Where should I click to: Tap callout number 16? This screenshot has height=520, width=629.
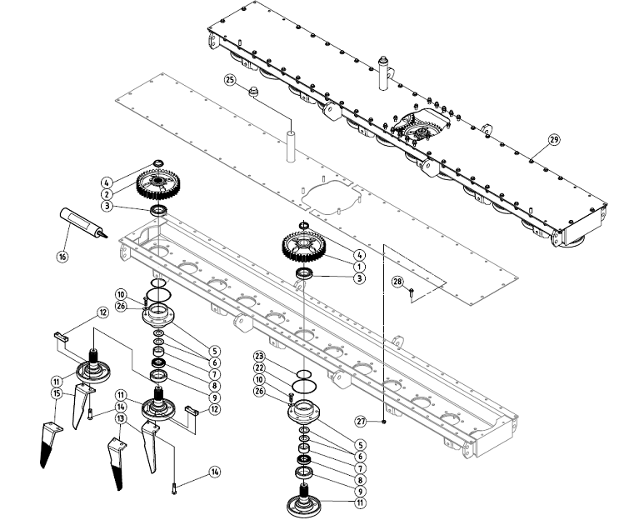(x=62, y=257)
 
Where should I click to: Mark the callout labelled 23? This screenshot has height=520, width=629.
(x=259, y=356)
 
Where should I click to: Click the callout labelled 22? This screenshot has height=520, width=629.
(x=259, y=367)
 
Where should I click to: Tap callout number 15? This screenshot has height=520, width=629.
(x=57, y=392)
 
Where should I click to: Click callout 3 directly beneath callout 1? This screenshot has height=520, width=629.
(x=359, y=277)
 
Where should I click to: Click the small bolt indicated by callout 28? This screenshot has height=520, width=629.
(x=412, y=291)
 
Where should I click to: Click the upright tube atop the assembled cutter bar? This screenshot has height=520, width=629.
(x=386, y=73)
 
